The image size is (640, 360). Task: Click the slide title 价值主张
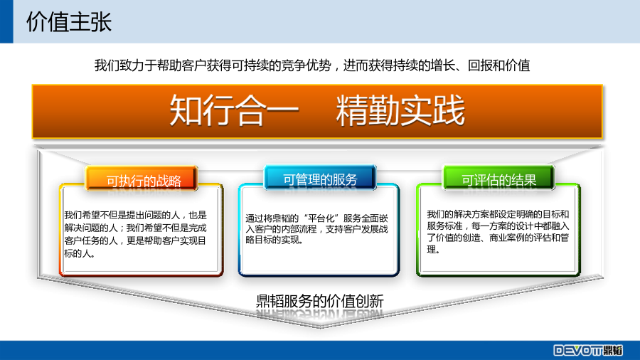tap(68, 21)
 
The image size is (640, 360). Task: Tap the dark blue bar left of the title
tap(6, 21)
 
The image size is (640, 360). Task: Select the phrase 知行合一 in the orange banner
tap(234, 110)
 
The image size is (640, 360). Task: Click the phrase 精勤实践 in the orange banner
tap(400, 110)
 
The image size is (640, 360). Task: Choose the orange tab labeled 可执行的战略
tap(142, 178)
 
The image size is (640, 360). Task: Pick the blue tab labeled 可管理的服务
tap(320, 177)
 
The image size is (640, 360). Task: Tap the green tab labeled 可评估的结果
tap(498, 178)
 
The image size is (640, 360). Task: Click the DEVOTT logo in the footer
tap(588, 350)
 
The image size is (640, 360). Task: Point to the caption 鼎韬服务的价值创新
tap(320, 301)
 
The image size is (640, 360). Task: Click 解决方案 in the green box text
tap(476, 214)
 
